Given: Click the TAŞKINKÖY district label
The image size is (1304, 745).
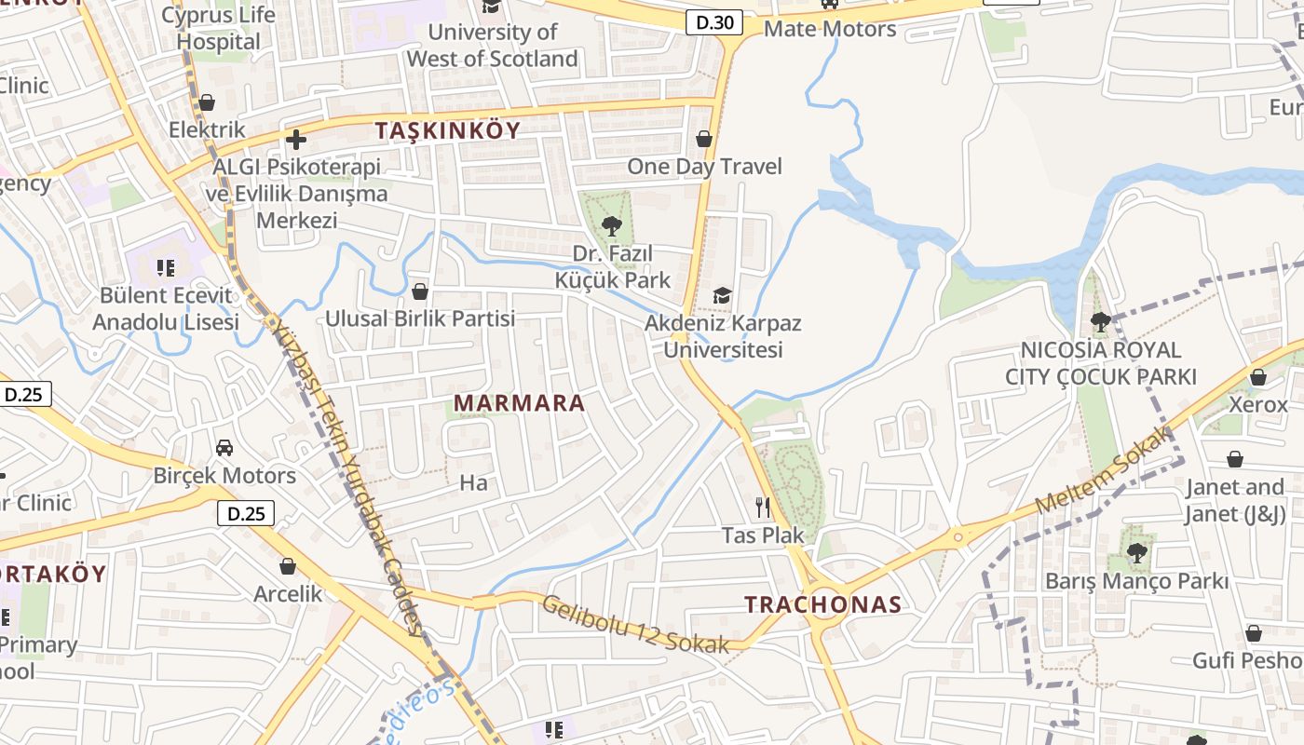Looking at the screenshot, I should [x=447, y=130].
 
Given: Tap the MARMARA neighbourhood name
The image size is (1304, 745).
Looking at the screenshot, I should [x=520, y=403].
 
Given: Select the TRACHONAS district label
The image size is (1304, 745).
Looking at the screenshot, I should [x=823, y=604].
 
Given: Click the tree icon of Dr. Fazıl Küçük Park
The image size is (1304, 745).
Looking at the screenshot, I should [x=612, y=224].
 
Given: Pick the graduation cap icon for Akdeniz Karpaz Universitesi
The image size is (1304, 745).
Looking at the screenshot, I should [x=722, y=296].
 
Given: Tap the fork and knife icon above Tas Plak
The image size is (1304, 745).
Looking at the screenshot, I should [x=763, y=507].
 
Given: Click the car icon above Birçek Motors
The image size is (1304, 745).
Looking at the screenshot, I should [x=224, y=448].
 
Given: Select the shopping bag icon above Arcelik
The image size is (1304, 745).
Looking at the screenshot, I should [x=288, y=565].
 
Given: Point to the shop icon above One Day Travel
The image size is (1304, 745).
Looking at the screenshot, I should [x=704, y=139].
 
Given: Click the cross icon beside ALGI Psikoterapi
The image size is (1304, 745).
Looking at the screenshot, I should [x=296, y=140].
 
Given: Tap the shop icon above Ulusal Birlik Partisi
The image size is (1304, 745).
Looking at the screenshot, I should [x=420, y=291].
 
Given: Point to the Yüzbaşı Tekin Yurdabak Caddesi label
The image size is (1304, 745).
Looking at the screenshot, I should [x=348, y=475].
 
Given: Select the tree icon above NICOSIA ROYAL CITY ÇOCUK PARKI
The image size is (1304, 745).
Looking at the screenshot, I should [x=1100, y=322].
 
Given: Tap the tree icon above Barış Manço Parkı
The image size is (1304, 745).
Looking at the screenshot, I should [x=1136, y=552].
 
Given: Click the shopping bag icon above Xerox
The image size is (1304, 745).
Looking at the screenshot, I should [x=1257, y=377].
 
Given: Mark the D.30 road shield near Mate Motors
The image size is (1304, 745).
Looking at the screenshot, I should [x=714, y=22].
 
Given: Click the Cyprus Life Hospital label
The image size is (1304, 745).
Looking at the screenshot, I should [x=219, y=28].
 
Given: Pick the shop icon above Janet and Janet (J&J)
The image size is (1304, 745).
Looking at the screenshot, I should [x=1234, y=459].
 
